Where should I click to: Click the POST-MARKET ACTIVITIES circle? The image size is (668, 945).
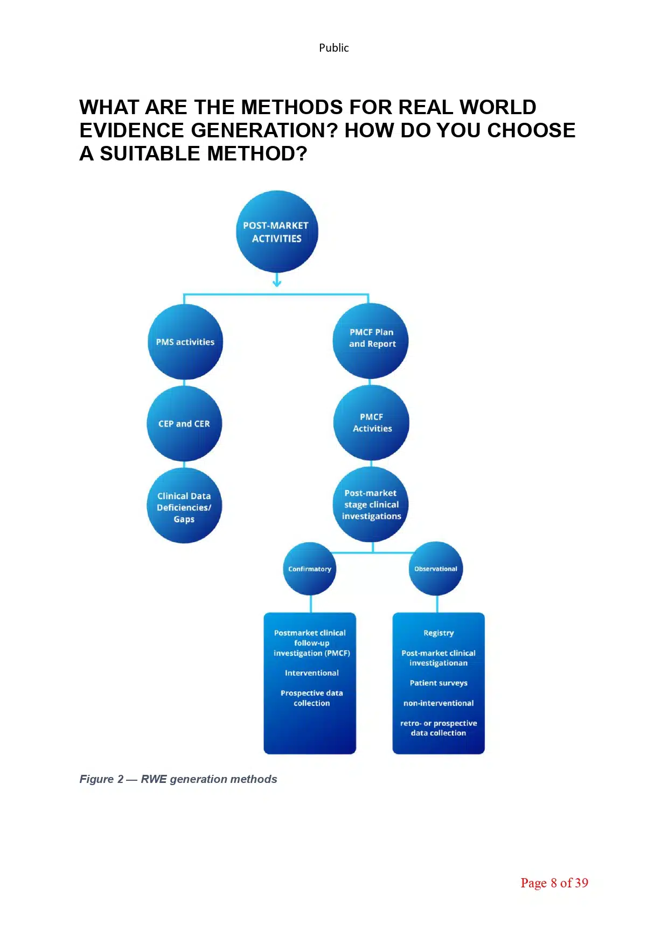(x=277, y=232)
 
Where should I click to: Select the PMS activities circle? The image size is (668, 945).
(x=185, y=342)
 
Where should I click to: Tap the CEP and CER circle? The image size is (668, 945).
(x=184, y=423)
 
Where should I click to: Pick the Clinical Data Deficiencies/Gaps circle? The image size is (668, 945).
(x=184, y=506)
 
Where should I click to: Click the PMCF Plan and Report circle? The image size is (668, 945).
(x=371, y=340)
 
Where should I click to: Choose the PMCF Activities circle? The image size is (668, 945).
(x=371, y=423)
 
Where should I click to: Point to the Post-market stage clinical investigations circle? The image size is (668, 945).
(x=371, y=505)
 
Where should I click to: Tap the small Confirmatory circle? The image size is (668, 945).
(x=310, y=569)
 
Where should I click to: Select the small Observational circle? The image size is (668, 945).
(x=436, y=569)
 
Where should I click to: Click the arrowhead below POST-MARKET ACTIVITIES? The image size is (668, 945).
(x=277, y=282)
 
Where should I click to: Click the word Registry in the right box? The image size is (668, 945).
(x=439, y=633)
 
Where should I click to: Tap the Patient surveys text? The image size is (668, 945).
(x=439, y=683)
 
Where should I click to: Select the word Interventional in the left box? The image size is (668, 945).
(x=311, y=673)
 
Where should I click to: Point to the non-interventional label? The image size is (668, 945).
(x=439, y=703)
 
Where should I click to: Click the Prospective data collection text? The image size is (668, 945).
(x=311, y=698)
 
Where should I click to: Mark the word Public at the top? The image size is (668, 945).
(x=333, y=48)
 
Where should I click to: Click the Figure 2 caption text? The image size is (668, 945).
(x=178, y=779)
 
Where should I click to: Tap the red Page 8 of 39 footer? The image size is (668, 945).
(x=554, y=883)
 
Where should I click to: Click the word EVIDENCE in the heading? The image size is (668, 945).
(x=133, y=131)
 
